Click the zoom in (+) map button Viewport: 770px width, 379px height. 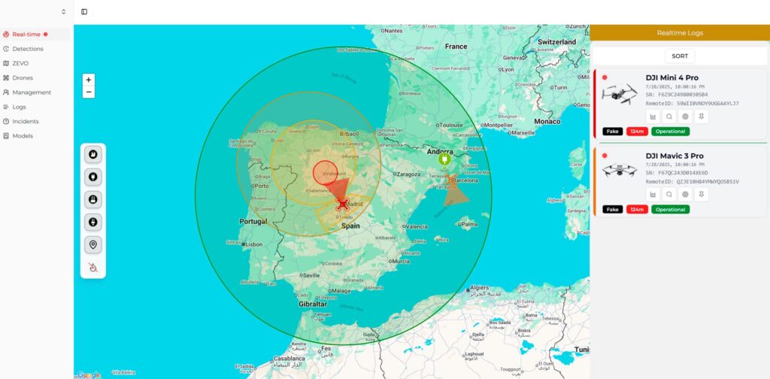pos(89,79)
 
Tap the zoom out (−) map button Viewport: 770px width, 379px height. pos(89,92)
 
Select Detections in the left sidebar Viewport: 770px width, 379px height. pos(28,49)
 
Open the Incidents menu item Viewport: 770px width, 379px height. pos(25,121)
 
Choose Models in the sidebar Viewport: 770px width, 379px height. pos(23,136)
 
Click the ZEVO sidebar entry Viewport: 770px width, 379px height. pos(20,63)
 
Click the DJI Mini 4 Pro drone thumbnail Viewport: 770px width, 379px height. pos(619,93)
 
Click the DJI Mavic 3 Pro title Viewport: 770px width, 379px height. pos(675,156)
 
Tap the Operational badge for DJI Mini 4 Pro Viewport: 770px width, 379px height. pos(669,132)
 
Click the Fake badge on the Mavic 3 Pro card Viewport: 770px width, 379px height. pos(612,209)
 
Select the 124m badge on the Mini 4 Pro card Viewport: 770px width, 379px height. pos(636,132)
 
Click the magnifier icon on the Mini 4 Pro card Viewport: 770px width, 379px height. pos(669,117)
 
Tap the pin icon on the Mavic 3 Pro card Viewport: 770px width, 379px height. pos(701,194)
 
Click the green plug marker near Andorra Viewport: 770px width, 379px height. pos(444,159)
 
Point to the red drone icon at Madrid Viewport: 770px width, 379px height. pos(343,203)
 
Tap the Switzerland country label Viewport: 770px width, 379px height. pos(556,42)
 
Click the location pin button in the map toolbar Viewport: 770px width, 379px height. pos(93,244)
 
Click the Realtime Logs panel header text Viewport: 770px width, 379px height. pos(679,33)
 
